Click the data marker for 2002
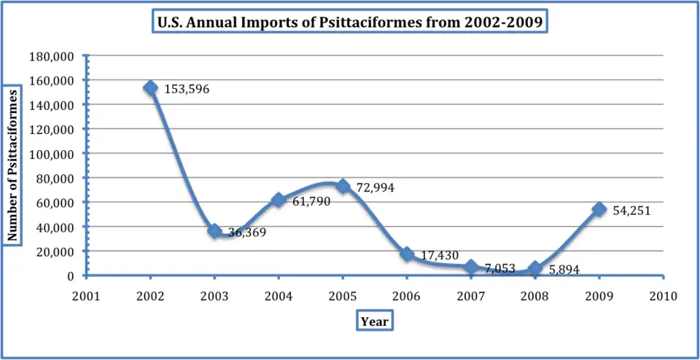pyautogui.click(x=150, y=88)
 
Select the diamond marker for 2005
pyautogui.click(x=343, y=187)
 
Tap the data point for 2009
pyautogui.click(x=599, y=210)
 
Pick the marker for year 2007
pyautogui.click(x=471, y=267)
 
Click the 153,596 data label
pyautogui.click(x=185, y=90)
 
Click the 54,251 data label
pyautogui.click(x=631, y=211)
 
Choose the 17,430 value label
pyautogui.click(x=440, y=255)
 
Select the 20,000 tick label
pyautogui.click(x=55, y=252)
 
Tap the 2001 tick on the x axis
pyautogui.click(x=86, y=296)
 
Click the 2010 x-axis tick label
pyautogui.click(x=663, y=296)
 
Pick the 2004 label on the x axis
pyautogui.click(x=279, y=296)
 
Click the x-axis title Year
pyautogui.click(x=375, y=321)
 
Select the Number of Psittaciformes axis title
pyautogui.click(x=12, y=165)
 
